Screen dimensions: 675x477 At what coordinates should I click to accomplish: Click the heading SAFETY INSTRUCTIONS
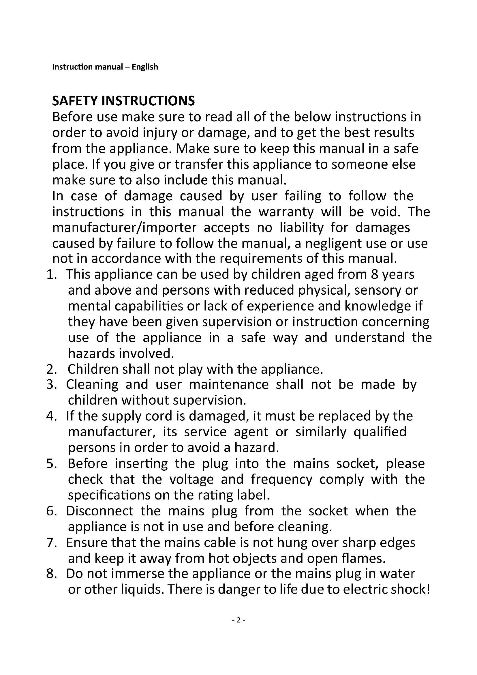pyautogui.click(x=123, y=101)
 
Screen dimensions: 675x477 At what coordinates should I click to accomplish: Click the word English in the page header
pyautogui.click(x=145, y=67)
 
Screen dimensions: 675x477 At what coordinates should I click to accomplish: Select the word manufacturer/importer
pyautogui.click(x=124, y=227)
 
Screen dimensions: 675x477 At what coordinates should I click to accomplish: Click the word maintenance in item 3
pyautogui.click(x=228, y=385)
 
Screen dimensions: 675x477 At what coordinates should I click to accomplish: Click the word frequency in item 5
pyautogui.click(x=281, y=480)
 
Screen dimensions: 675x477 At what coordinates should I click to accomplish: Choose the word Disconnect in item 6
pyautogui.click(x=100, y=511)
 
